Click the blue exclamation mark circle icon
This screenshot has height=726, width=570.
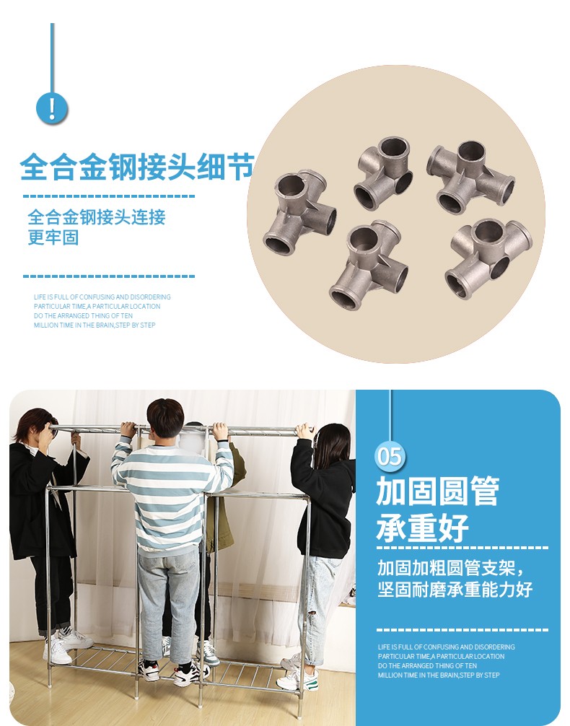[x=52, y=108]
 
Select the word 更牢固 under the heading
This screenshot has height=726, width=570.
[x=53, y=237]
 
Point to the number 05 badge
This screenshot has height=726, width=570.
[x=390, y=456]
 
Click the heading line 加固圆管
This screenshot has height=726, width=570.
[x=437, y=491]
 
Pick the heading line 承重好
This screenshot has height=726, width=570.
[x=422, y=528]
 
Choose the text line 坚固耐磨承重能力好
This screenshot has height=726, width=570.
[x=455, y=589]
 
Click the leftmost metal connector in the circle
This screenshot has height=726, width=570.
[x=299, y=211]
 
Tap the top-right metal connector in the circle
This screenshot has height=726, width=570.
[x=470, y=177]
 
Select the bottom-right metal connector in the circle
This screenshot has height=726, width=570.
[x=488, y=258]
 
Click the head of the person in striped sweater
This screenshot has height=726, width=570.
[x=165, y=418]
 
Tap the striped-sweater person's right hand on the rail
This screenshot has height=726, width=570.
[x=220, y=431]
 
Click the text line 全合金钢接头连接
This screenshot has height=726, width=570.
[x=96, y=217]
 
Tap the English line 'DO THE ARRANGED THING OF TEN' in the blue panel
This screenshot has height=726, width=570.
[x=427, y=666]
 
